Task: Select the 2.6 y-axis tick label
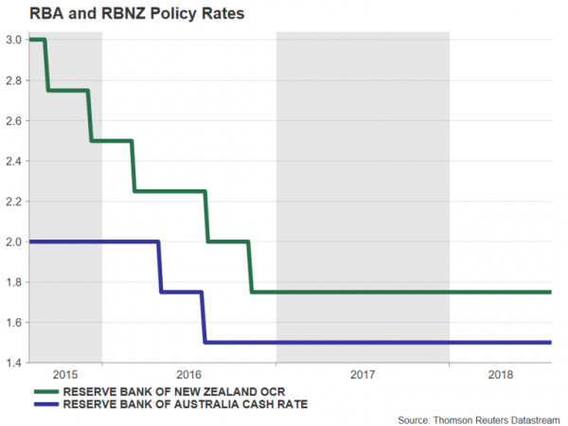[x=13, y=120]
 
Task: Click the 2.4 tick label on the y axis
[x=13, y=161]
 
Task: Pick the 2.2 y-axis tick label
[x=13, y=202]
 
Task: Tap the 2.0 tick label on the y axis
[x=13, y=241]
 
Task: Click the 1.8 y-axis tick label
[x=13, y=282]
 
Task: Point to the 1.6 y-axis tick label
[x=13, y=323]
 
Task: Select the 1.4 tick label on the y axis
[x=13, y=363]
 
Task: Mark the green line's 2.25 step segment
[x=170, y=191]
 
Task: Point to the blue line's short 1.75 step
[x=181, y=292]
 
